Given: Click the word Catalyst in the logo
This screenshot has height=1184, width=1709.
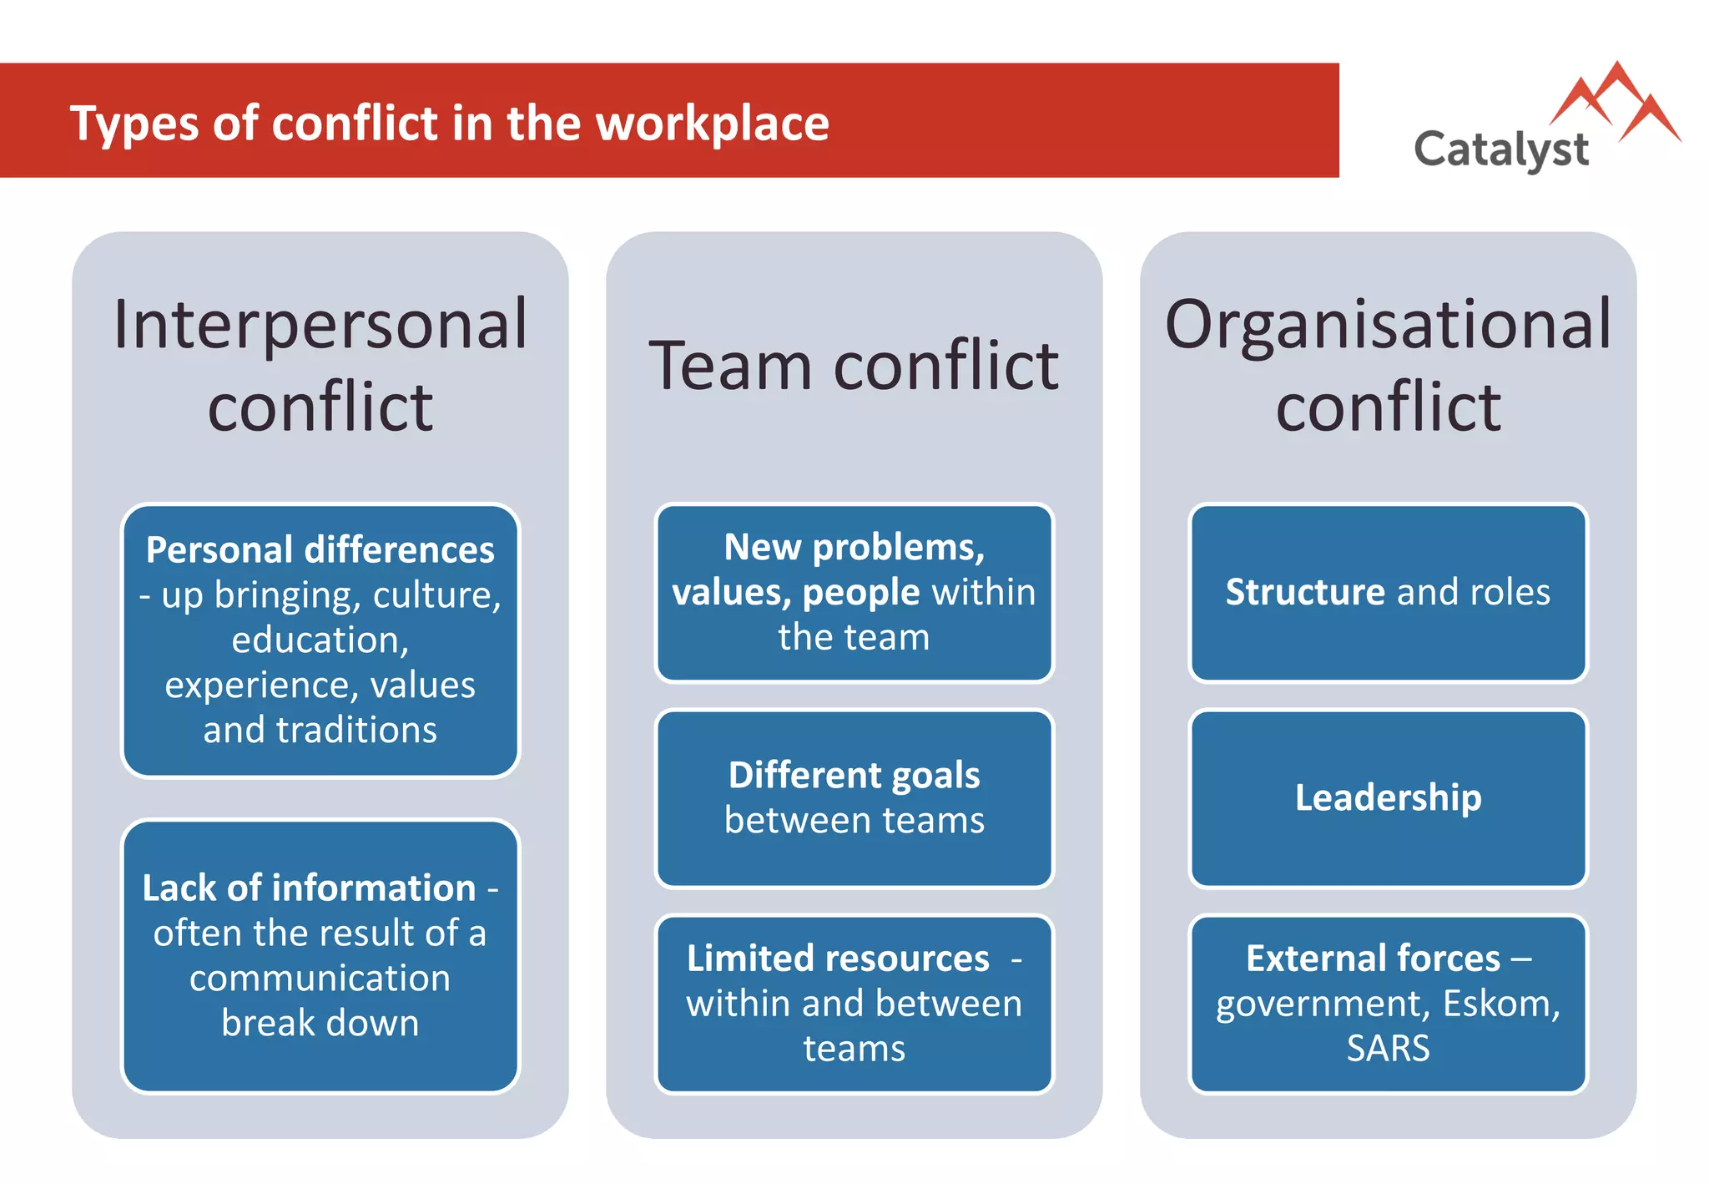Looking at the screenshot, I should pos(1500,150).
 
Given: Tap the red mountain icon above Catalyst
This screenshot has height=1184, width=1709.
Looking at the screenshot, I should pos(1616,103).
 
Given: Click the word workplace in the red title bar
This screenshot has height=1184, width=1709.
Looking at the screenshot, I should pos(713,124).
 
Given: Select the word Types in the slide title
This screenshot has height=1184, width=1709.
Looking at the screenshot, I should pos(134,124).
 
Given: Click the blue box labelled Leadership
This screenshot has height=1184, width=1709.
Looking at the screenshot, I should pos(1388,798).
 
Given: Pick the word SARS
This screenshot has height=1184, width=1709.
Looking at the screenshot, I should pos(1388,1048).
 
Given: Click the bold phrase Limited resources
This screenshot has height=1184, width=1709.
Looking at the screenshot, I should pos(838,958).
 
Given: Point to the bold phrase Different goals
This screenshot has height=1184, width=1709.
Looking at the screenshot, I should pos(854,775).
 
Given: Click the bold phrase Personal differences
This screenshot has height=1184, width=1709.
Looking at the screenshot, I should pos(320,549).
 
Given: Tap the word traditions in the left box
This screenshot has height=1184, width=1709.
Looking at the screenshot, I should pos(356,730).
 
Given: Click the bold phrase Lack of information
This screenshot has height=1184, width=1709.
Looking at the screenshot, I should pos(309,888).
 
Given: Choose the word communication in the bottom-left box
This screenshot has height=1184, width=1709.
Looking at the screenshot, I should pos(320,978).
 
